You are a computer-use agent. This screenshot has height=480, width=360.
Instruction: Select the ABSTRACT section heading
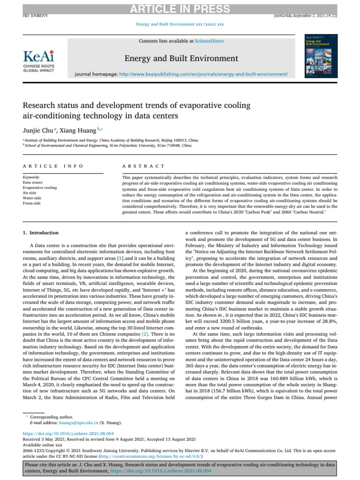coord(143,166)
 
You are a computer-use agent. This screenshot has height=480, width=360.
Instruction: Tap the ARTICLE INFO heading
coord(53,166)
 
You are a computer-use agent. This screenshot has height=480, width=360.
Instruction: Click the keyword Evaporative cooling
coord(40,187)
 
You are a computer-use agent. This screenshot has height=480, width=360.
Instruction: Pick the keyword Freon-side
coord(32,203)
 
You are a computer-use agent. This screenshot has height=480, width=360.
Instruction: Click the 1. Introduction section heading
coord(41,232)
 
